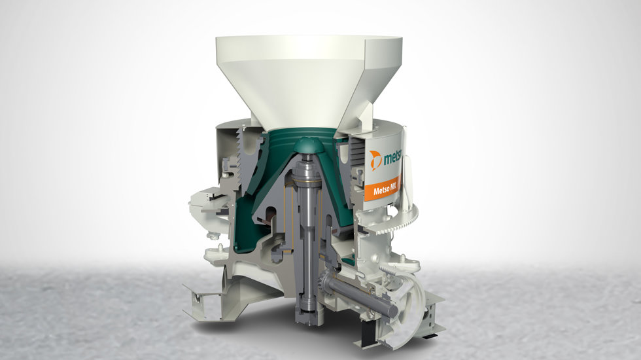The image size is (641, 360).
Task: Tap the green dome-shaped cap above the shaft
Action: pyautogui.click(x=307, y=145)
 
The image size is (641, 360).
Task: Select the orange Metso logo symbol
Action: pyautogui.click(x=376, y=160)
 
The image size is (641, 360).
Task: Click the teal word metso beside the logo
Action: pyautogui.click(x=393, y=158)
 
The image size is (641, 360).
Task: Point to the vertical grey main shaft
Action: pyautogui.click(x=307, y=229)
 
